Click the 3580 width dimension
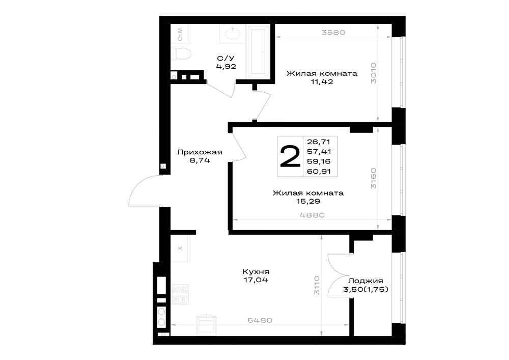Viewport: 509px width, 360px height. point(333,33)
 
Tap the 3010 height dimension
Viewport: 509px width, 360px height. point(373,73)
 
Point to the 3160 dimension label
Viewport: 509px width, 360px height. point(373,178)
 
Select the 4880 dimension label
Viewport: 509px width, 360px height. point(313,215)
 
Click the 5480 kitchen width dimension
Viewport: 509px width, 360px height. point(260,320)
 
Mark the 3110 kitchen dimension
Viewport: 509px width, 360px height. point(317,285)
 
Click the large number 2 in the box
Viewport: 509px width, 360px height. point(290,156)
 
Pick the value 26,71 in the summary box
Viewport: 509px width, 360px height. point(319,142)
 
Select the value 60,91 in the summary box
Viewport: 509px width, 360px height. point(319,171)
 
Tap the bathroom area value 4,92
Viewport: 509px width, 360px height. point(226,67)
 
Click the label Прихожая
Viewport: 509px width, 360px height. point(200,152)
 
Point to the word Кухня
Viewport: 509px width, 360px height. point(256,272)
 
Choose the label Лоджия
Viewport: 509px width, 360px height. point(365,281)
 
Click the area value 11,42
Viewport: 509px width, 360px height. point(322,82)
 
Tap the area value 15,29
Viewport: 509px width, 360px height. point(308,201)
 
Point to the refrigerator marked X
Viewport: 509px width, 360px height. point(180,248)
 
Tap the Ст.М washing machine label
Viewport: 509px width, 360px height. point(180,34)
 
